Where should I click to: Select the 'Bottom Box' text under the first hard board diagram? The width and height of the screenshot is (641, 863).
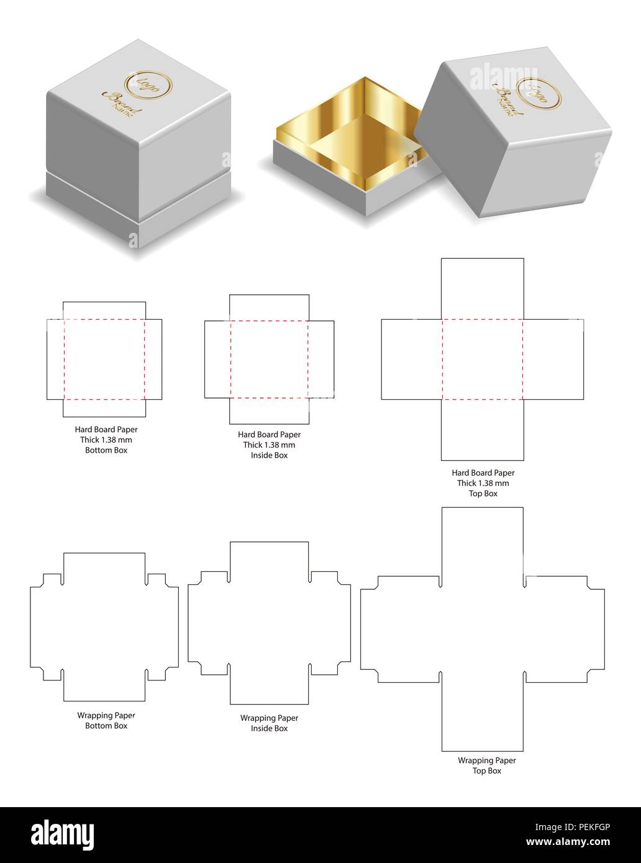point(106,450)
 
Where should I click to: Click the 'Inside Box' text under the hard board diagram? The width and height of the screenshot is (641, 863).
point(269,455)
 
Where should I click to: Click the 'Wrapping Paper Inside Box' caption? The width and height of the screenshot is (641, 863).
point(269,723)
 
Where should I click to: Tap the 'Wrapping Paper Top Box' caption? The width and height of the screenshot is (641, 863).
point(486,765)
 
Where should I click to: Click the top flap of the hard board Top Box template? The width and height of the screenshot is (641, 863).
point(483,289)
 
